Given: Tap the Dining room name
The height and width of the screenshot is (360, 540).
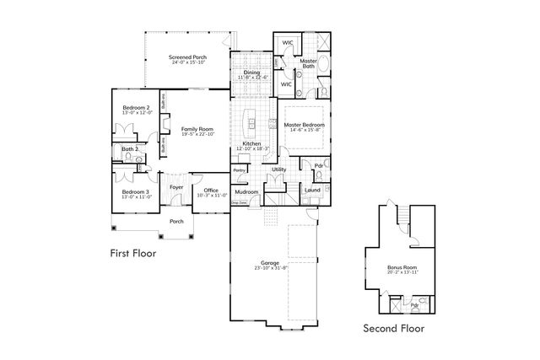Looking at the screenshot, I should click(x=251, y=72).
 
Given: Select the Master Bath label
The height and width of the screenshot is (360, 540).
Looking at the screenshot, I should click(x=310, y=62).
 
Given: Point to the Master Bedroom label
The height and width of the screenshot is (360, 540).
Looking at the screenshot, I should click(x=305, y=125).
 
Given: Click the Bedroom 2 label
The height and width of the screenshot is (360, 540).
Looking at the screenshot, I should click(x=136, y=108).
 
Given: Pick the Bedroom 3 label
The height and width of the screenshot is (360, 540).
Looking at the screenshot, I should click(x=136, y=169).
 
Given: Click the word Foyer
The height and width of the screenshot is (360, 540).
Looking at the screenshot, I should click(x=176, y=187).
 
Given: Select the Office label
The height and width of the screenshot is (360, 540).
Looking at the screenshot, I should click(x=211, y=190).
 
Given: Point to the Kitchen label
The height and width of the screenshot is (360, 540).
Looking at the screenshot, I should click(x=251, y=144).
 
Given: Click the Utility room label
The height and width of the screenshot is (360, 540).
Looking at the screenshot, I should click(x=278, y=170).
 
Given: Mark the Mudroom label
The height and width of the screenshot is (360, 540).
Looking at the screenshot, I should click(x=246, y=191).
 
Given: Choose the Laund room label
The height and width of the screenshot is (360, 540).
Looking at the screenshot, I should click(x=311, y=190).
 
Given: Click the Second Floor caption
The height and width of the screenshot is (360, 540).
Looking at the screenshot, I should click(x=393, y=328).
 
